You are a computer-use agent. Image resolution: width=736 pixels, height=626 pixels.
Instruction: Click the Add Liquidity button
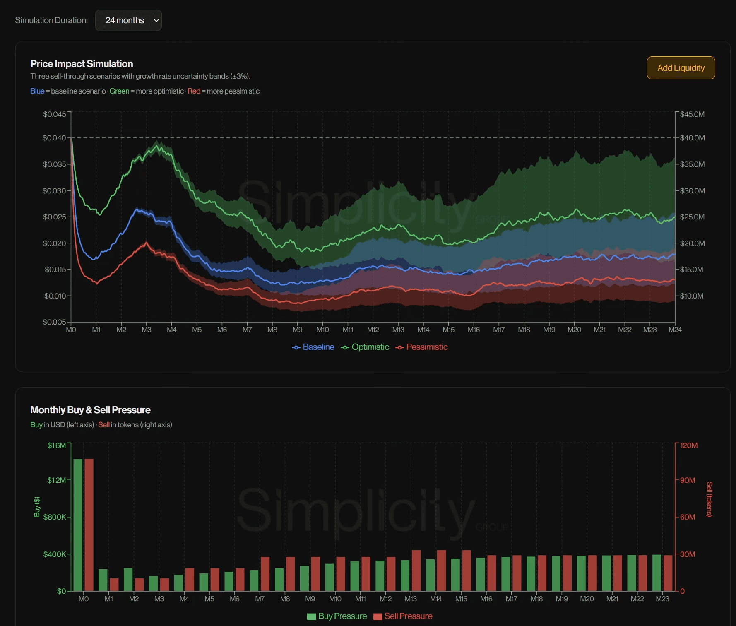681,68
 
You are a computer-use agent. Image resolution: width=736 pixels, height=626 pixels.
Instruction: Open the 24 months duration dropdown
128,20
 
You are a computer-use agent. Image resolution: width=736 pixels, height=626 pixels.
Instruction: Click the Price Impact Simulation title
82,64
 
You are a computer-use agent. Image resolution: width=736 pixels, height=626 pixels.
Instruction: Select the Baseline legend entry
313,347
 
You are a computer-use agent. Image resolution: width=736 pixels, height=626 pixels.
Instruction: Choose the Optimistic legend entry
365,347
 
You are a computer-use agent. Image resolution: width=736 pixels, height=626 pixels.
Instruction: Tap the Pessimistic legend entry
421,347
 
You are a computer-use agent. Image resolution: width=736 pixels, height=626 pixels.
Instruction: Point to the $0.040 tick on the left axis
54,138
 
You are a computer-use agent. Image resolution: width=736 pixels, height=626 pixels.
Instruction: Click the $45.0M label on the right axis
692,114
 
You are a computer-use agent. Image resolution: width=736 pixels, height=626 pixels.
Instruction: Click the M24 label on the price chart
675,330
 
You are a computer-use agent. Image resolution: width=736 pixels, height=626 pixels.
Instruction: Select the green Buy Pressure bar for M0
78,525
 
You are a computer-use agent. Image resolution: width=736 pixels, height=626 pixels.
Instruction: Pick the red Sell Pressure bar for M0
89,525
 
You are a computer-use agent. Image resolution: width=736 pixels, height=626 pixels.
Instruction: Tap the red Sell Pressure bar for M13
416,571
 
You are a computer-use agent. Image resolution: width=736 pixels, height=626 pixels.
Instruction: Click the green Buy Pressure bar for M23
657,573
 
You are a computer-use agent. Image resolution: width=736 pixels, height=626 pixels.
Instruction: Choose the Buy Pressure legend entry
337,616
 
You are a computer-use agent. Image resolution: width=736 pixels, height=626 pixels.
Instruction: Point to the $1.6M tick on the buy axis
57,445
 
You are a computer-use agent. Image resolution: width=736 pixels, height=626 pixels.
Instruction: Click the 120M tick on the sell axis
689,445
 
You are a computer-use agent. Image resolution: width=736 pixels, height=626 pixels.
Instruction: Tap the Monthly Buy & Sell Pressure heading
90,410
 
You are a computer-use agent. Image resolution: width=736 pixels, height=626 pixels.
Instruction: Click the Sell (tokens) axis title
709,499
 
